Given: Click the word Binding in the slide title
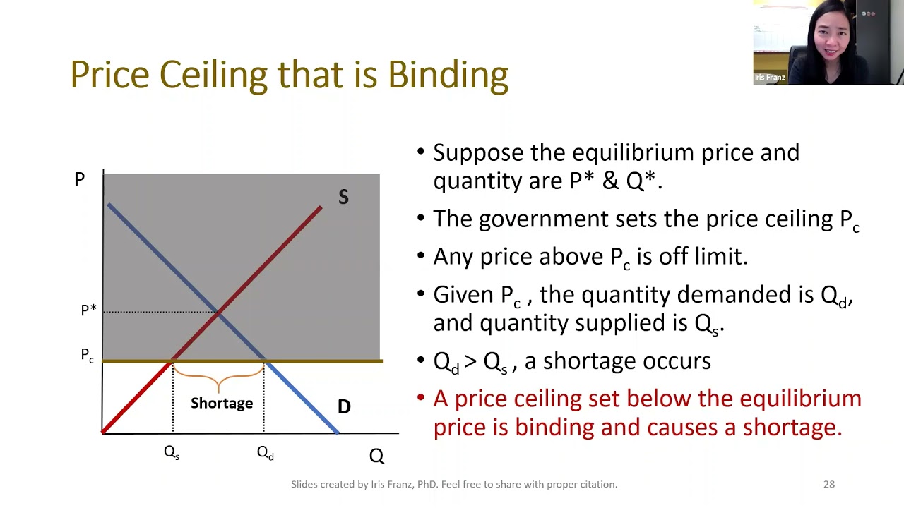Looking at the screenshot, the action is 448,75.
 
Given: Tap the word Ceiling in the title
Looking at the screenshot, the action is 213,75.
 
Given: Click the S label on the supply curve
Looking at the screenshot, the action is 343,197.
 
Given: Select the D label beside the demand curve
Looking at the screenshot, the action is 344,406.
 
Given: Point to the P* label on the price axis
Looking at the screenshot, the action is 89,310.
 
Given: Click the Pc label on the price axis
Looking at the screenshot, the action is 87,355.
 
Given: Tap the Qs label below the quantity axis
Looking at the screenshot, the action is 172,453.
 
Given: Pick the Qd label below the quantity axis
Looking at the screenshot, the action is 266,453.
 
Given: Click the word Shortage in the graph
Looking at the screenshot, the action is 222,403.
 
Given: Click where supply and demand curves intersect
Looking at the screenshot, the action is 218,312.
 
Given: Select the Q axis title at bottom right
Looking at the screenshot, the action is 376,456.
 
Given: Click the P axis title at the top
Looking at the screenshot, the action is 80,179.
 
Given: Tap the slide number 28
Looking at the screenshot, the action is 829,484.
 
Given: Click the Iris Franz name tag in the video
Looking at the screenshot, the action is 770,78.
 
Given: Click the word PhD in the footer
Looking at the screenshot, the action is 427,484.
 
